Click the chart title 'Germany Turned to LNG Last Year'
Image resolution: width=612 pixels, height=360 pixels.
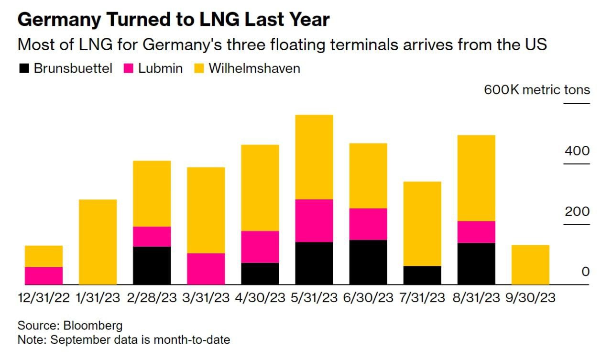pos(173,20)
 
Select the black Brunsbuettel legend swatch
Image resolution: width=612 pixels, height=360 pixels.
pos(24,68)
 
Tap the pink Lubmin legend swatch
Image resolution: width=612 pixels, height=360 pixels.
pos(128,68)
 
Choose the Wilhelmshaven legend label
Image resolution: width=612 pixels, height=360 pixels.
pos(254,68)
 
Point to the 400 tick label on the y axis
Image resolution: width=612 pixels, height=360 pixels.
pos(577,151)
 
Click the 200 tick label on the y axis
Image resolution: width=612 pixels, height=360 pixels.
pos(577,211)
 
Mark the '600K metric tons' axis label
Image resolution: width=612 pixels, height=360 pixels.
pos(536,90)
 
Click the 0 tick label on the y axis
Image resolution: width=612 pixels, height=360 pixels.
pos(585,272)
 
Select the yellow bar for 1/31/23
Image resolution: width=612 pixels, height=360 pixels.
pos(98,242)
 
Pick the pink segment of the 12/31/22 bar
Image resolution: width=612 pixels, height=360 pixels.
pos(44,276)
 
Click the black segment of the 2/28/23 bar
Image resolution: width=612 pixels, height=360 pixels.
pos(152,265)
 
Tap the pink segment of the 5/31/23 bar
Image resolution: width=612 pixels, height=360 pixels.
pos(314,220)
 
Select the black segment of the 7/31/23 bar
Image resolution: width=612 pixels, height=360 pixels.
pos(422,275)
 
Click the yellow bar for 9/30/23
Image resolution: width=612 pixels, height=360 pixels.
pos(530,265)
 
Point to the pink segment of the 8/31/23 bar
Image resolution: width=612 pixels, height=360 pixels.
pos(476,232)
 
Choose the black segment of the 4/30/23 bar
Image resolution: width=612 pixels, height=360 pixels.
pos(260,273)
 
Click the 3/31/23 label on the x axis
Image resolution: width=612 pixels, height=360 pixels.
pos(206,298)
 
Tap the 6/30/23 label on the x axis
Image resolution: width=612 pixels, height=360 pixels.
pos(368,298)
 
